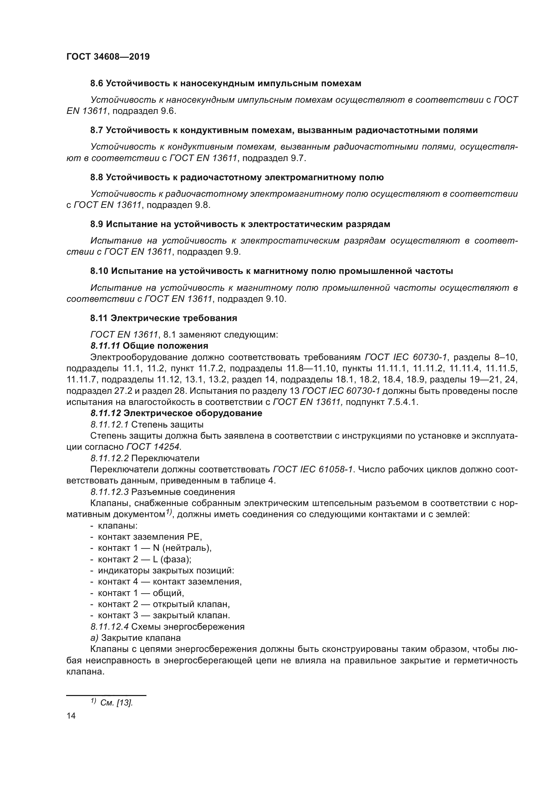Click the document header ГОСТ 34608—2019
click(x=108, y=57)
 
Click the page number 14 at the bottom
click(x=71, y=715)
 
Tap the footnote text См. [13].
click(x=116, y=702)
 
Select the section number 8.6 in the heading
click(x=97, y=84)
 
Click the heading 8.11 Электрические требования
click(x=164, y=318)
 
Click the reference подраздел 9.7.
click(x=274, y=158)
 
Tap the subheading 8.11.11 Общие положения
click(x=149, y=345)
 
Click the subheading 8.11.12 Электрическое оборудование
click(x=176, y=413)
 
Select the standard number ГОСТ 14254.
click(x=154, y=446)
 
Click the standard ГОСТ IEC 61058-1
click(x=313, y=469)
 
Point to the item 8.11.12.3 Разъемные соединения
click(x=163, y=492)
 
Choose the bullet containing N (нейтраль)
click(x=155, y=548)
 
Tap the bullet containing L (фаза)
click(x=144, y=559)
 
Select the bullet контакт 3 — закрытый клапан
click(x=164, y=615)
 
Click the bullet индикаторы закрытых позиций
click(x=166, y=570)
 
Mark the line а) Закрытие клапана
click(x=135, y=638)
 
